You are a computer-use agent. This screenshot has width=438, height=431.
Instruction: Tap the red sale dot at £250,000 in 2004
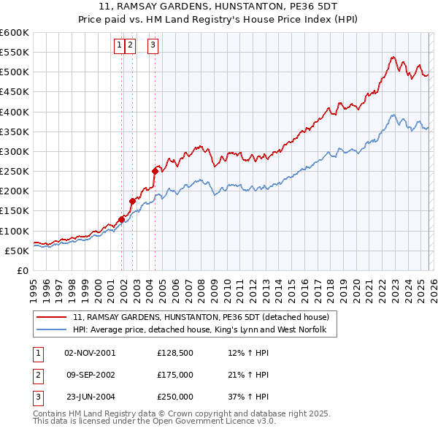155,171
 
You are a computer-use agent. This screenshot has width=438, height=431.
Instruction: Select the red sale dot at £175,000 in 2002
132,201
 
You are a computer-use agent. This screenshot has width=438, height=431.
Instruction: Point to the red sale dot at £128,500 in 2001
121,218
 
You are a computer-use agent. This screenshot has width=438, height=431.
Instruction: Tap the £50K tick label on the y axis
17,251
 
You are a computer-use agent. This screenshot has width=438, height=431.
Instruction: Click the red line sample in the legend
53,317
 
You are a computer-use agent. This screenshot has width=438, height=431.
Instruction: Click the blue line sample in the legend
53,330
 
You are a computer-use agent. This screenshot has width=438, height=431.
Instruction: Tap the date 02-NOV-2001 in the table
90,353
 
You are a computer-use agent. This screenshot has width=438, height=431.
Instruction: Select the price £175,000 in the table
175,375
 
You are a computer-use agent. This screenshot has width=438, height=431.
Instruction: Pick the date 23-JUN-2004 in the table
90,397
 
